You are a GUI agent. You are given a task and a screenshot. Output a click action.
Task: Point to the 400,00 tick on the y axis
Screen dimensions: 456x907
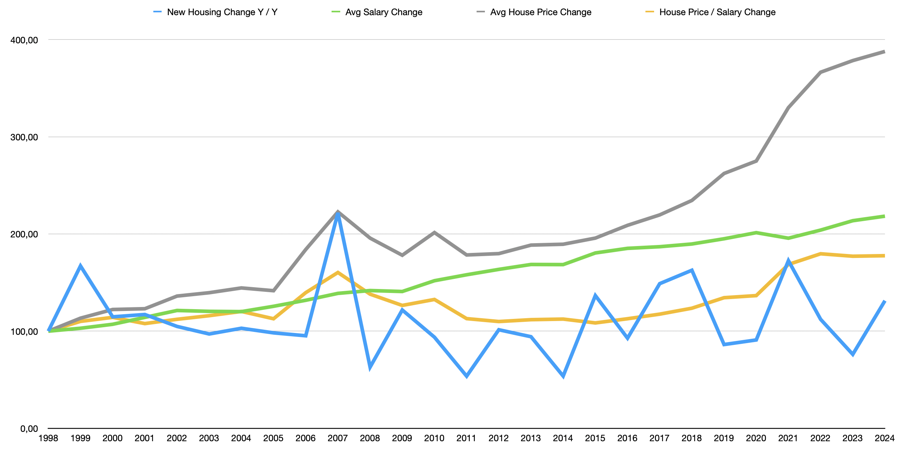click(24, 40)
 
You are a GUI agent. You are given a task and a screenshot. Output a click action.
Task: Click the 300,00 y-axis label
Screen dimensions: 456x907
click(24, 137)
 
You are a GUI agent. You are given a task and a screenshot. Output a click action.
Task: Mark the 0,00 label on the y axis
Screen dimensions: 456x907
click(29, 429)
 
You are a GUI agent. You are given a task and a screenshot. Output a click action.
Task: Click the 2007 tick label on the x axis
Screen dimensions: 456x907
click(338, 438)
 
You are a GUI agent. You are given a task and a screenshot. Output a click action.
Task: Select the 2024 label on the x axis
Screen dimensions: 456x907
click(884, 438)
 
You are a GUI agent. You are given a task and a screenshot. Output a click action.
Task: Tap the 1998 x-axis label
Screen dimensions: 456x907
click(48, 438)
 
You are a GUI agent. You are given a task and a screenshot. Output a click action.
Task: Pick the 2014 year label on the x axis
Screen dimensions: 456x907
click(563, 438)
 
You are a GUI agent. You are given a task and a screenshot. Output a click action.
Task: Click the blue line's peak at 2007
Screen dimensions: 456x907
click(338, 214)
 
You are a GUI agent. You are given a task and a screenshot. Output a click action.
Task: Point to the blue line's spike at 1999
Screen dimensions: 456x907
click(80, 266)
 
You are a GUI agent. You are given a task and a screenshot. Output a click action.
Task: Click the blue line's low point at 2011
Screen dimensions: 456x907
click(466, 376)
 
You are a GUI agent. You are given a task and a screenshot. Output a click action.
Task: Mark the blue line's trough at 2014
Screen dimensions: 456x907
click(563, 376)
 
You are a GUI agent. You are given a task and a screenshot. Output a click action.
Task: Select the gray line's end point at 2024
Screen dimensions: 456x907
click(884, 52)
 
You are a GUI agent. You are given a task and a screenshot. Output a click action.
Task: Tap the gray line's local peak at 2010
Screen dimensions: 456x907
click(434, 233)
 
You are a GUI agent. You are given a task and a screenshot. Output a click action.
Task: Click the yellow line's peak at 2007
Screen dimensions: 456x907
click(338, 272)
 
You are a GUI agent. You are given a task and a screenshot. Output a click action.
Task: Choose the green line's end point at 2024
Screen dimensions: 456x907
click(884, 216)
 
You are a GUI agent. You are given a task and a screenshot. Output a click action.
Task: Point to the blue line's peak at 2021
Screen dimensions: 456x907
click(789, 260)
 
